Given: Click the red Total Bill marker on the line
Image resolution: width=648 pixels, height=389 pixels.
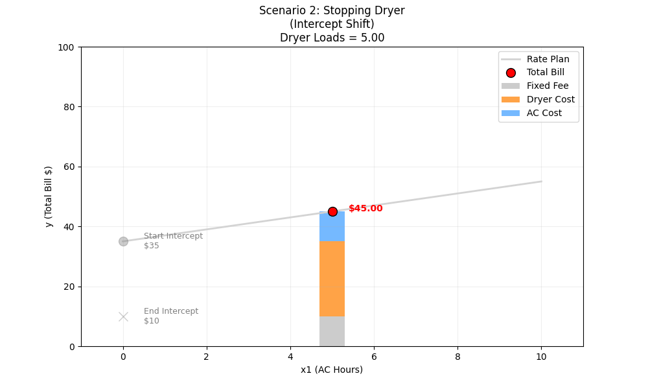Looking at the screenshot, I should point(332,211).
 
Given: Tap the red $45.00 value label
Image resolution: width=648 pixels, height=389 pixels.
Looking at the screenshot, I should point(365,208).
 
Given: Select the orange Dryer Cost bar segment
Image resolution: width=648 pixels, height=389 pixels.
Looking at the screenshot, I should point(332,279).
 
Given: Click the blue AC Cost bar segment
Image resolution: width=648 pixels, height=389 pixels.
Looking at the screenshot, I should point(332,227).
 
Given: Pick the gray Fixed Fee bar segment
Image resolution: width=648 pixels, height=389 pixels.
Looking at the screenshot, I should point(332,331).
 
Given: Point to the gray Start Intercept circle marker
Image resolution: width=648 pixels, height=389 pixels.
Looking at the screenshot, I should point(123,241).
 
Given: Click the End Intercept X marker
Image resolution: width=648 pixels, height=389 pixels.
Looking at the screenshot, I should point(123,316).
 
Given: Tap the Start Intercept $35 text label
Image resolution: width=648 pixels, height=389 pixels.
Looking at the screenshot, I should point(173,241).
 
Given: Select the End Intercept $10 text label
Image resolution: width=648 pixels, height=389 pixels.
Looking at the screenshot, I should point(171,316).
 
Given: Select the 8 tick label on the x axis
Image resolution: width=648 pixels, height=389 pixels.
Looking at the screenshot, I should point(457,356).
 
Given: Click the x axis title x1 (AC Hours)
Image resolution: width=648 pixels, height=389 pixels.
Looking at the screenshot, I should point(332,370).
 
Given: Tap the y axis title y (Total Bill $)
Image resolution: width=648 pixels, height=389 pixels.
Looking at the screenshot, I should point(49,196).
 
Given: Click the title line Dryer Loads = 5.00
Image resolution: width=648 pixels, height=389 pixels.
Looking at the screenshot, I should point(332,38).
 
